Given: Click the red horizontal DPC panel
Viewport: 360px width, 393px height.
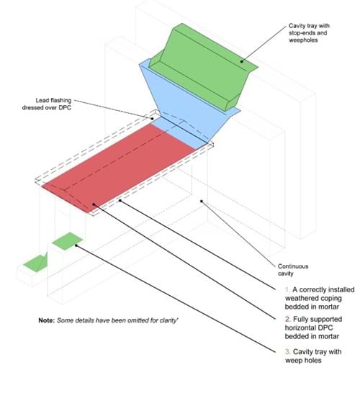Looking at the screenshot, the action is coord(118,168).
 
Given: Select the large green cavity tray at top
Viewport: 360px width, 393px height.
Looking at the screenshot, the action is coord(203,66).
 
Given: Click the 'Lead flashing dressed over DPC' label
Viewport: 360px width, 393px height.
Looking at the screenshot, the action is coord(47,104).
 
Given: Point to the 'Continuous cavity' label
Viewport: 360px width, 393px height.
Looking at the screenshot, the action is coord(293,270).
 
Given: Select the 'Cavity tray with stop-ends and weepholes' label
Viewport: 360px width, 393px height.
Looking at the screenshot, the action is coord(309,33).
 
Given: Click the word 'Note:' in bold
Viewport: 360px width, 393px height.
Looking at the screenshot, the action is coord(46,320).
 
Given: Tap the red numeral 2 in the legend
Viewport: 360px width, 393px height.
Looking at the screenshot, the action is coord(287,319).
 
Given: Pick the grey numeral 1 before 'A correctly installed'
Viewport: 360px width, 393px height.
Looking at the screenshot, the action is coord(287,290).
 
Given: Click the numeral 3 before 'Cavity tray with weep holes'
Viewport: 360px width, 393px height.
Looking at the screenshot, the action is coord(287,352).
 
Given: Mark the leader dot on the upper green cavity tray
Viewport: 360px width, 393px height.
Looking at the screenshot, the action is coord(242,61).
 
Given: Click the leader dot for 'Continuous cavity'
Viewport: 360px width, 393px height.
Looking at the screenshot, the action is coord(202,201).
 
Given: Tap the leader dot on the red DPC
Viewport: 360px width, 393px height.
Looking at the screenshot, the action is coord(94,204).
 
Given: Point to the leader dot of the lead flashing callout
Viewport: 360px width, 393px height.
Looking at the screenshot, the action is coord(152,119).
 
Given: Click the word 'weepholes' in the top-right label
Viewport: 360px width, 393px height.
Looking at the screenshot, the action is coord(303,40).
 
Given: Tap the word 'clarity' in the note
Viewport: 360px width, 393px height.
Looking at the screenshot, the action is coord(169,320).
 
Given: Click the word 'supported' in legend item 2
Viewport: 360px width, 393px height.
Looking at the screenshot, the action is coord(325,320).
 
